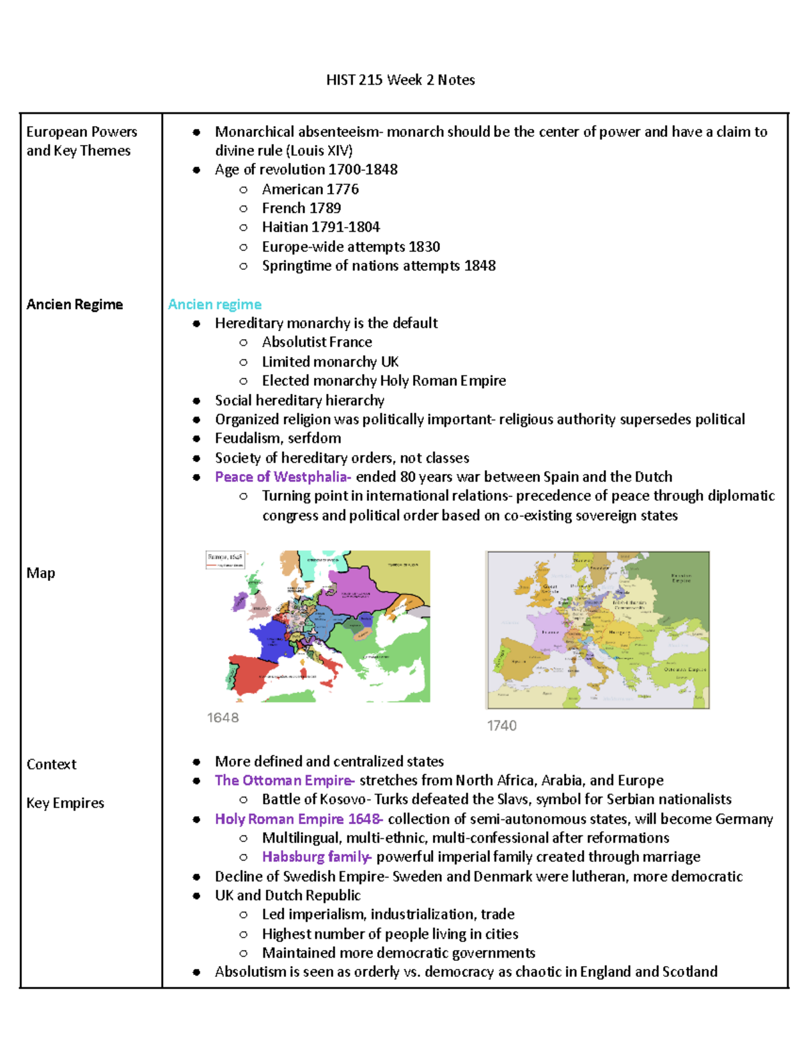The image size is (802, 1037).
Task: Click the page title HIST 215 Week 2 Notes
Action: tap(400, 80)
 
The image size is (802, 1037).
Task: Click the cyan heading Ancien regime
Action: tap(215, 304)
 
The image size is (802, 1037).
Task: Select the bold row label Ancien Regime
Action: tap(75, 304)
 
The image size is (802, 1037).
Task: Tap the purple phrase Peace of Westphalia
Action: tap(282, 477)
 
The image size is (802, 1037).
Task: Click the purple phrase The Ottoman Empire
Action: tap(283, 780)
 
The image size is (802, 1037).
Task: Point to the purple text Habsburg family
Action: tap(315, 857)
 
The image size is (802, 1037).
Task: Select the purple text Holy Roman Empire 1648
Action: tap(298, 819)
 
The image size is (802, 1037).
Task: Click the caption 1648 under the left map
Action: tap(223, 718)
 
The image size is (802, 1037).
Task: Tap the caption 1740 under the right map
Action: tap(502, 726)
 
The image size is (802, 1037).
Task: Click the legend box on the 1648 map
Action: tap(225, 560)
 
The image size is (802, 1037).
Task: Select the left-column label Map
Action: tap(41, 573)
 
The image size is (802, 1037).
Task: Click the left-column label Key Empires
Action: tap(65, 803)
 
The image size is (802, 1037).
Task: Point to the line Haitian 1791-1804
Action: tap(321, 227)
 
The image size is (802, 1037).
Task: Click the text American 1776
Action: tap(310, 189)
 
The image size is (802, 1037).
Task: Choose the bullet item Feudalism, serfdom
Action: tap(277, 438)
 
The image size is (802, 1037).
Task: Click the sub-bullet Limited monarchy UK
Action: tap(330, 362)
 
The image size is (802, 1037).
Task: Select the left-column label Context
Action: tap(51, 765)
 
